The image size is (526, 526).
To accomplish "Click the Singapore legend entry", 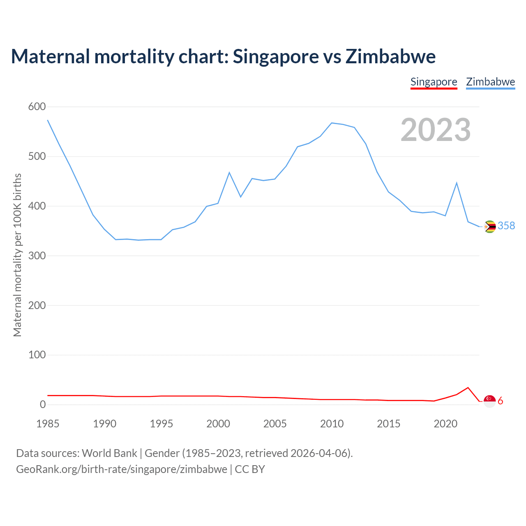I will tap(434, 82).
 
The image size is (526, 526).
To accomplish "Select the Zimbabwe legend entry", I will tap(490, 82).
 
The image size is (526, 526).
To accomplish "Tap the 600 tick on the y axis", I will tap(37, 107).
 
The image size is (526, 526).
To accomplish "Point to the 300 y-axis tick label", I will tap(37, 256).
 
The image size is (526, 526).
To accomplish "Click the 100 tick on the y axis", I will tap(37, 355).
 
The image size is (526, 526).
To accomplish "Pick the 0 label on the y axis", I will tap(42, 405).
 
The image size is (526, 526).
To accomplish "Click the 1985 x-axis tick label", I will tap(48, 424).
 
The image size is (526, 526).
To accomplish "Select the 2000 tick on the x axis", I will tap(218, 424).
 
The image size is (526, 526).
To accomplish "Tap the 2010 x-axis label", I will tap(332, 424).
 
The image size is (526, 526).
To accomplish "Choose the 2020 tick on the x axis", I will tap(445, 424).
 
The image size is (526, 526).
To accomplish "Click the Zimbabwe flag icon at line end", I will tap(490, 226).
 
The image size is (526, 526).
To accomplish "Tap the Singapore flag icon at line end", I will tap(489, 401).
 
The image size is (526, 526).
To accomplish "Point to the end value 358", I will tap(506, 226).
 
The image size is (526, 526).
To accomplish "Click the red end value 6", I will tap(501, 401).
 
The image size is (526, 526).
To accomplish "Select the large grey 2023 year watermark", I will tap(436, 130).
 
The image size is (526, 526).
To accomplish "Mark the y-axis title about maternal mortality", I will tap(17, 255).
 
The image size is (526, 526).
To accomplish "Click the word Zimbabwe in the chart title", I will tap(390, 56).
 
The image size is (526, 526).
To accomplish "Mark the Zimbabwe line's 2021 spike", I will tap(457, 183).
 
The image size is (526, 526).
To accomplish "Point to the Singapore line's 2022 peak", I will tap(468, 388).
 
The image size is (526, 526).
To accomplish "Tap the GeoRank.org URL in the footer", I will tap(122, 469).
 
